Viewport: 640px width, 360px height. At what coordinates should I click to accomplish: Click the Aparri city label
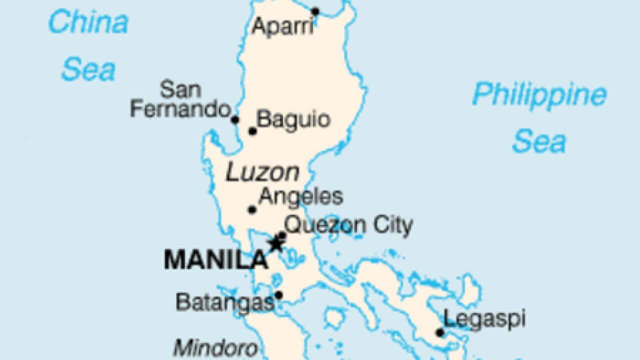coord(282,26)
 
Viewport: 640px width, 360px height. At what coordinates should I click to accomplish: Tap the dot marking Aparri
coord(315,11)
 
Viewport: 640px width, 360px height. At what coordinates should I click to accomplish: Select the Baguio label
coord(293,120)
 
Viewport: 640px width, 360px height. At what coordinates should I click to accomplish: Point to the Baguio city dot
coord(252,131)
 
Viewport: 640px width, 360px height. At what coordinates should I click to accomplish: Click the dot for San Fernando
coord(235,119)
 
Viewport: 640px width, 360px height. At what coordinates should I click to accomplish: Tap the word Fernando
coord(180,109)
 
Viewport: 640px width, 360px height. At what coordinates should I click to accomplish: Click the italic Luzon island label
coord(262,173)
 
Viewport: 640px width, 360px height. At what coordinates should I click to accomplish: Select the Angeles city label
coord(301,196)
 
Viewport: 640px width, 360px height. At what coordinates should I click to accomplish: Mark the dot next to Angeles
coord(252,209)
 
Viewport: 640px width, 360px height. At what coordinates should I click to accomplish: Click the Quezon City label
coord(348,226)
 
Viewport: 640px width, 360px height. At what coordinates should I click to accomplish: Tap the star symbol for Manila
coord(275,244)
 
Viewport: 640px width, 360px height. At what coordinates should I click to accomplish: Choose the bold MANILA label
coord(216,260)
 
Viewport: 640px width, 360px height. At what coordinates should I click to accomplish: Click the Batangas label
coord(225,302)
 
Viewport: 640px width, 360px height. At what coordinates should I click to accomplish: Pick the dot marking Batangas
coord(278,295)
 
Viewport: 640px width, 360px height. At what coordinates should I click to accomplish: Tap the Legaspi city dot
coord(439,332)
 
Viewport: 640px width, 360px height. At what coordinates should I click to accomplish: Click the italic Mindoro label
coord(215,347)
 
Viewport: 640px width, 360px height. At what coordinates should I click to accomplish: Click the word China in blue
coord(88,23)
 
